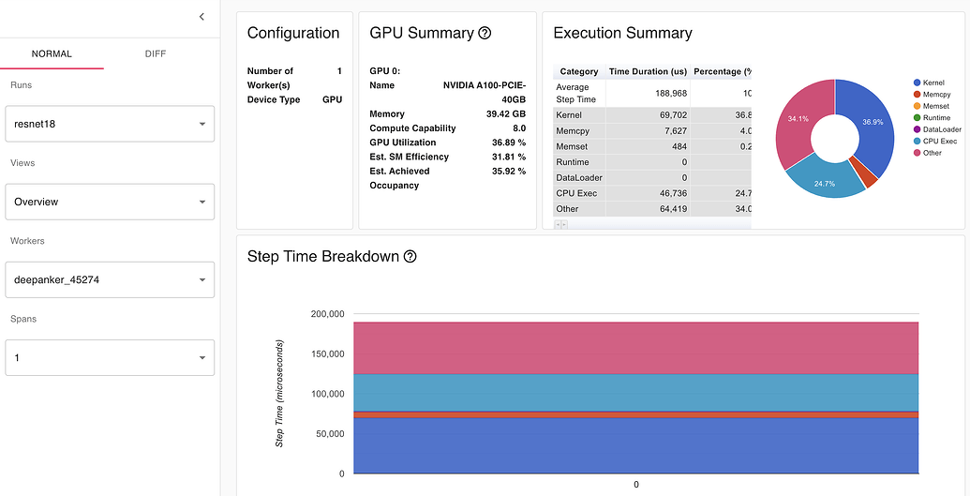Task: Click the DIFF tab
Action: pyautogui.click(x=156, y=53)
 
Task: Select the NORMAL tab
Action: pyautogui.click(x=52, y=53)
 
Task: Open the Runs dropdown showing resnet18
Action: pyautogui.click(x=110, y=123)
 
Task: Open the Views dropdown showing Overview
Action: pyautogui.click(x=110, y=202)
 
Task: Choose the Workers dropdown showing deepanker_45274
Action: pyautogui.click(x=110, y=279)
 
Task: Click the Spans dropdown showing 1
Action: pyautogui.click(x=110, y=357)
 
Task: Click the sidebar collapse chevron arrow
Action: pyautogui.click(x=201, y=17)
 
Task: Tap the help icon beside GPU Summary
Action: pyautogui.click(x=485, y=33)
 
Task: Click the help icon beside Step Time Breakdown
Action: pyautogui.click(x=410, y=257)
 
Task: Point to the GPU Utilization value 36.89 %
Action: pyautogui.click(x=508, y=143)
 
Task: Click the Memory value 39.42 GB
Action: pyautogui.click(x=506, y=113)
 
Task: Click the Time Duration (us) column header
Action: pyautogui.click(x=648, y=71)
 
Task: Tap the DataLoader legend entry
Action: pyautogui.click(x=942, y=129)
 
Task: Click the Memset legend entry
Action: pyautogui.click(x=937, y=106)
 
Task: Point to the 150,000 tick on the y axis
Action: pyautogui.click(x=328, y=354)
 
